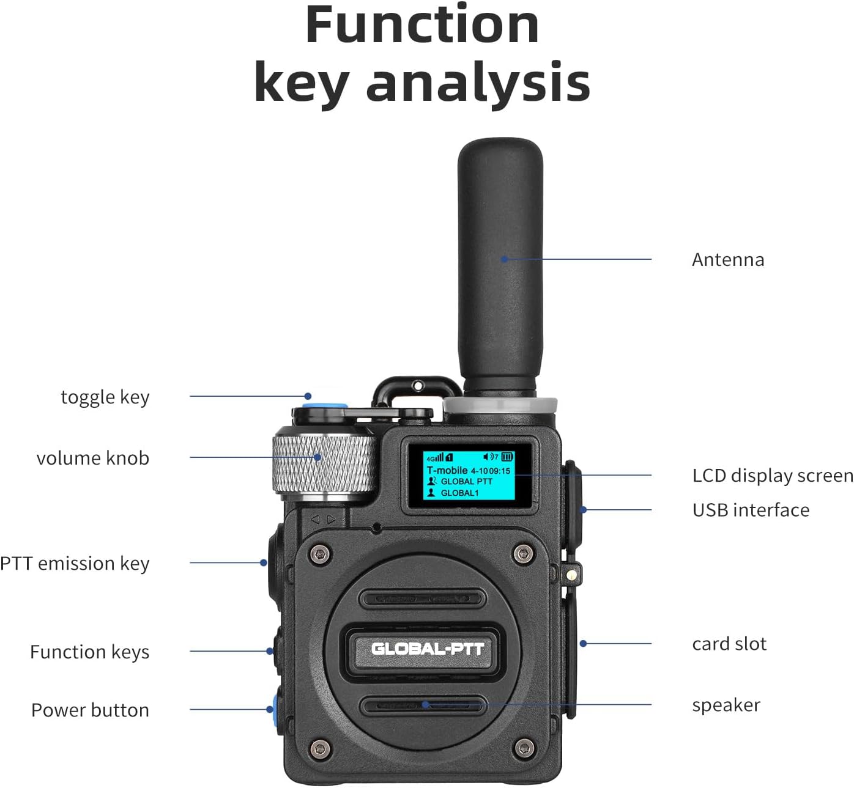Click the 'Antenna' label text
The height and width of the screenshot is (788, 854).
pos(727,260)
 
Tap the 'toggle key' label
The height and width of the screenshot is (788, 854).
pos(105,397)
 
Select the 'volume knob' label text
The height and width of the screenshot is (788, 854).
pos(93,458)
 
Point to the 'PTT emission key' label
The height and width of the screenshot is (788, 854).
pos(75,563)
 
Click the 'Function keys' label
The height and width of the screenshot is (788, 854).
pos(89,652)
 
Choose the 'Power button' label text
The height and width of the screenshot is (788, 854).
pos(90,710)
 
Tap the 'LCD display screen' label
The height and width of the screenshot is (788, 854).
pos(772,476)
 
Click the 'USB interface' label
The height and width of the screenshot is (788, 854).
pos(751,510)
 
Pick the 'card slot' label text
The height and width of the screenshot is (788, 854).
pos(729,644)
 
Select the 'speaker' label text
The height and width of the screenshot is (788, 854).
pos(726,705)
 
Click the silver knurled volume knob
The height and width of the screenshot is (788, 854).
pos(322,463)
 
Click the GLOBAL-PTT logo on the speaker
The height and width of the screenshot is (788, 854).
pos(427,649)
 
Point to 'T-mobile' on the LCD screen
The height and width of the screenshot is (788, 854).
pos(447,471)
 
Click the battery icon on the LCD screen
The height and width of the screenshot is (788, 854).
pos(508,457)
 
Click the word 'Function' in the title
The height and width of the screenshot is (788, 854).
pos(421,26)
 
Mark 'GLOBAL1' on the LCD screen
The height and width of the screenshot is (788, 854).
pos(459,493)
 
